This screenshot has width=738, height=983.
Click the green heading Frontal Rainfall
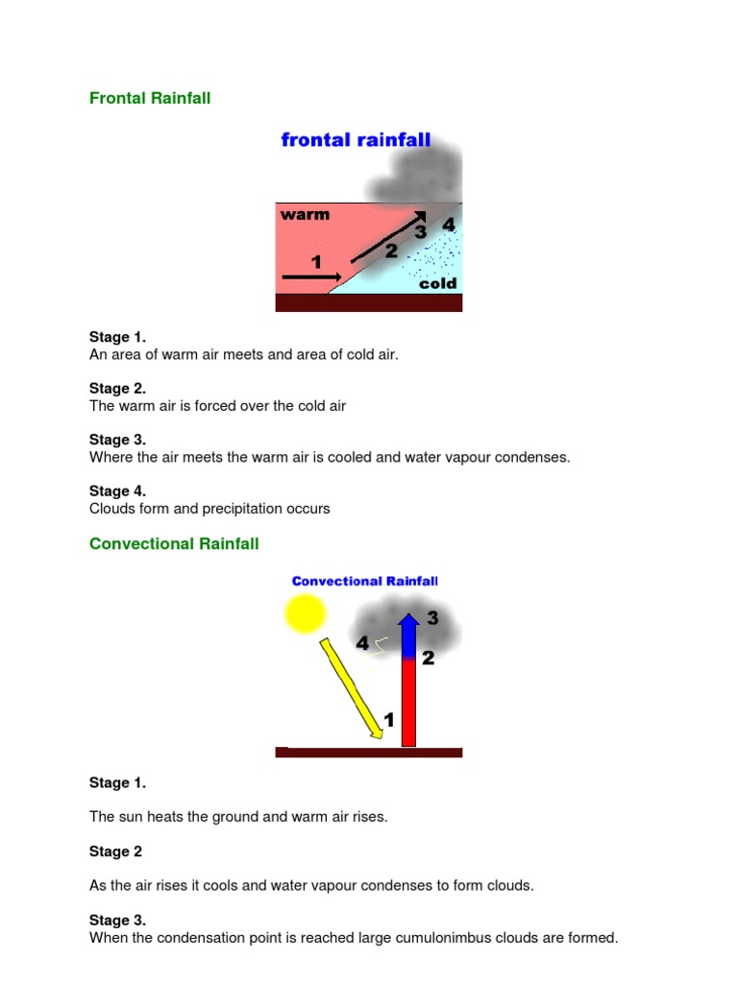pyautogui.click(x=150, y=98)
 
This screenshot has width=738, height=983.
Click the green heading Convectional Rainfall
pyautogui.click(x=174, y=543)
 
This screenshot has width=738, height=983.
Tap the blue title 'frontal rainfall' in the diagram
pyautogui.click(x=356, y=141)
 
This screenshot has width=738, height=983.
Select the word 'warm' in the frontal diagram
pyautogui.click(x=305, y=215)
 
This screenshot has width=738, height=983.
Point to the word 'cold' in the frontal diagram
pyautogui.click(x=438, y=284)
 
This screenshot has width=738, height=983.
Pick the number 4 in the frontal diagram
pyautogui.click(x=448, y=225)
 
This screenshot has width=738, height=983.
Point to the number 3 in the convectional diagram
pyautogui.click(x=432, y=619)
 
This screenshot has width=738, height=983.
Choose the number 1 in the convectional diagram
pyautogui.click(x=389, y=719)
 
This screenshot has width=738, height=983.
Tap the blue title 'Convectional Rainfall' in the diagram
pyautogui.click(x=365, y=581)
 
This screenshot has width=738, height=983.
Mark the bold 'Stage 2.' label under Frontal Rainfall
pyautogui.click(x=117, y=389)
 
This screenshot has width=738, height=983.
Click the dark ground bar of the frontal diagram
pyautogui.click(x=369, y=302)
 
